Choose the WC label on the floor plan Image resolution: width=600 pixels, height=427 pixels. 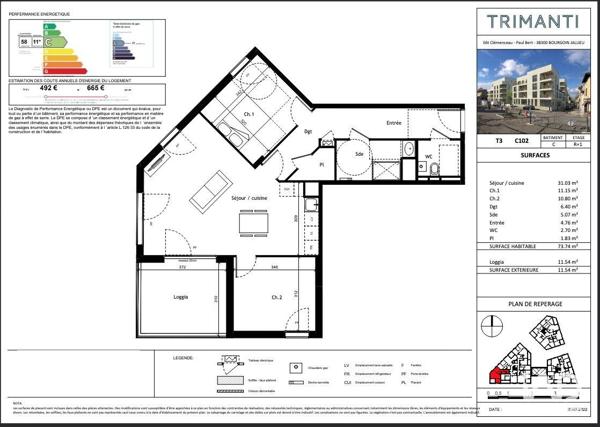[427, 157]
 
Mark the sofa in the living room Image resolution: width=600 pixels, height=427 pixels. [206, 186]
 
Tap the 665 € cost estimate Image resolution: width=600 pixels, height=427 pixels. [96, 87]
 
